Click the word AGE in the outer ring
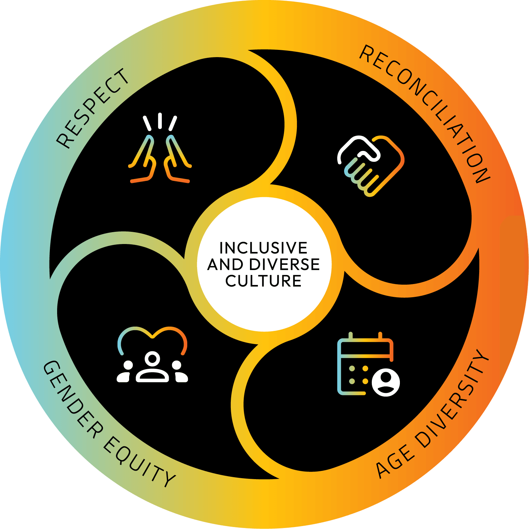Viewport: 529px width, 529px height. coord(395,461)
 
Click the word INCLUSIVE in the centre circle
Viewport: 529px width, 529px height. coord(264,248)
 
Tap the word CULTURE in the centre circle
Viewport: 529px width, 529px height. coord(264,281)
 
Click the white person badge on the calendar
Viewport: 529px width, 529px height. coord(386,382)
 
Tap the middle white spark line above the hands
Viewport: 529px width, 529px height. coord(160,121)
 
